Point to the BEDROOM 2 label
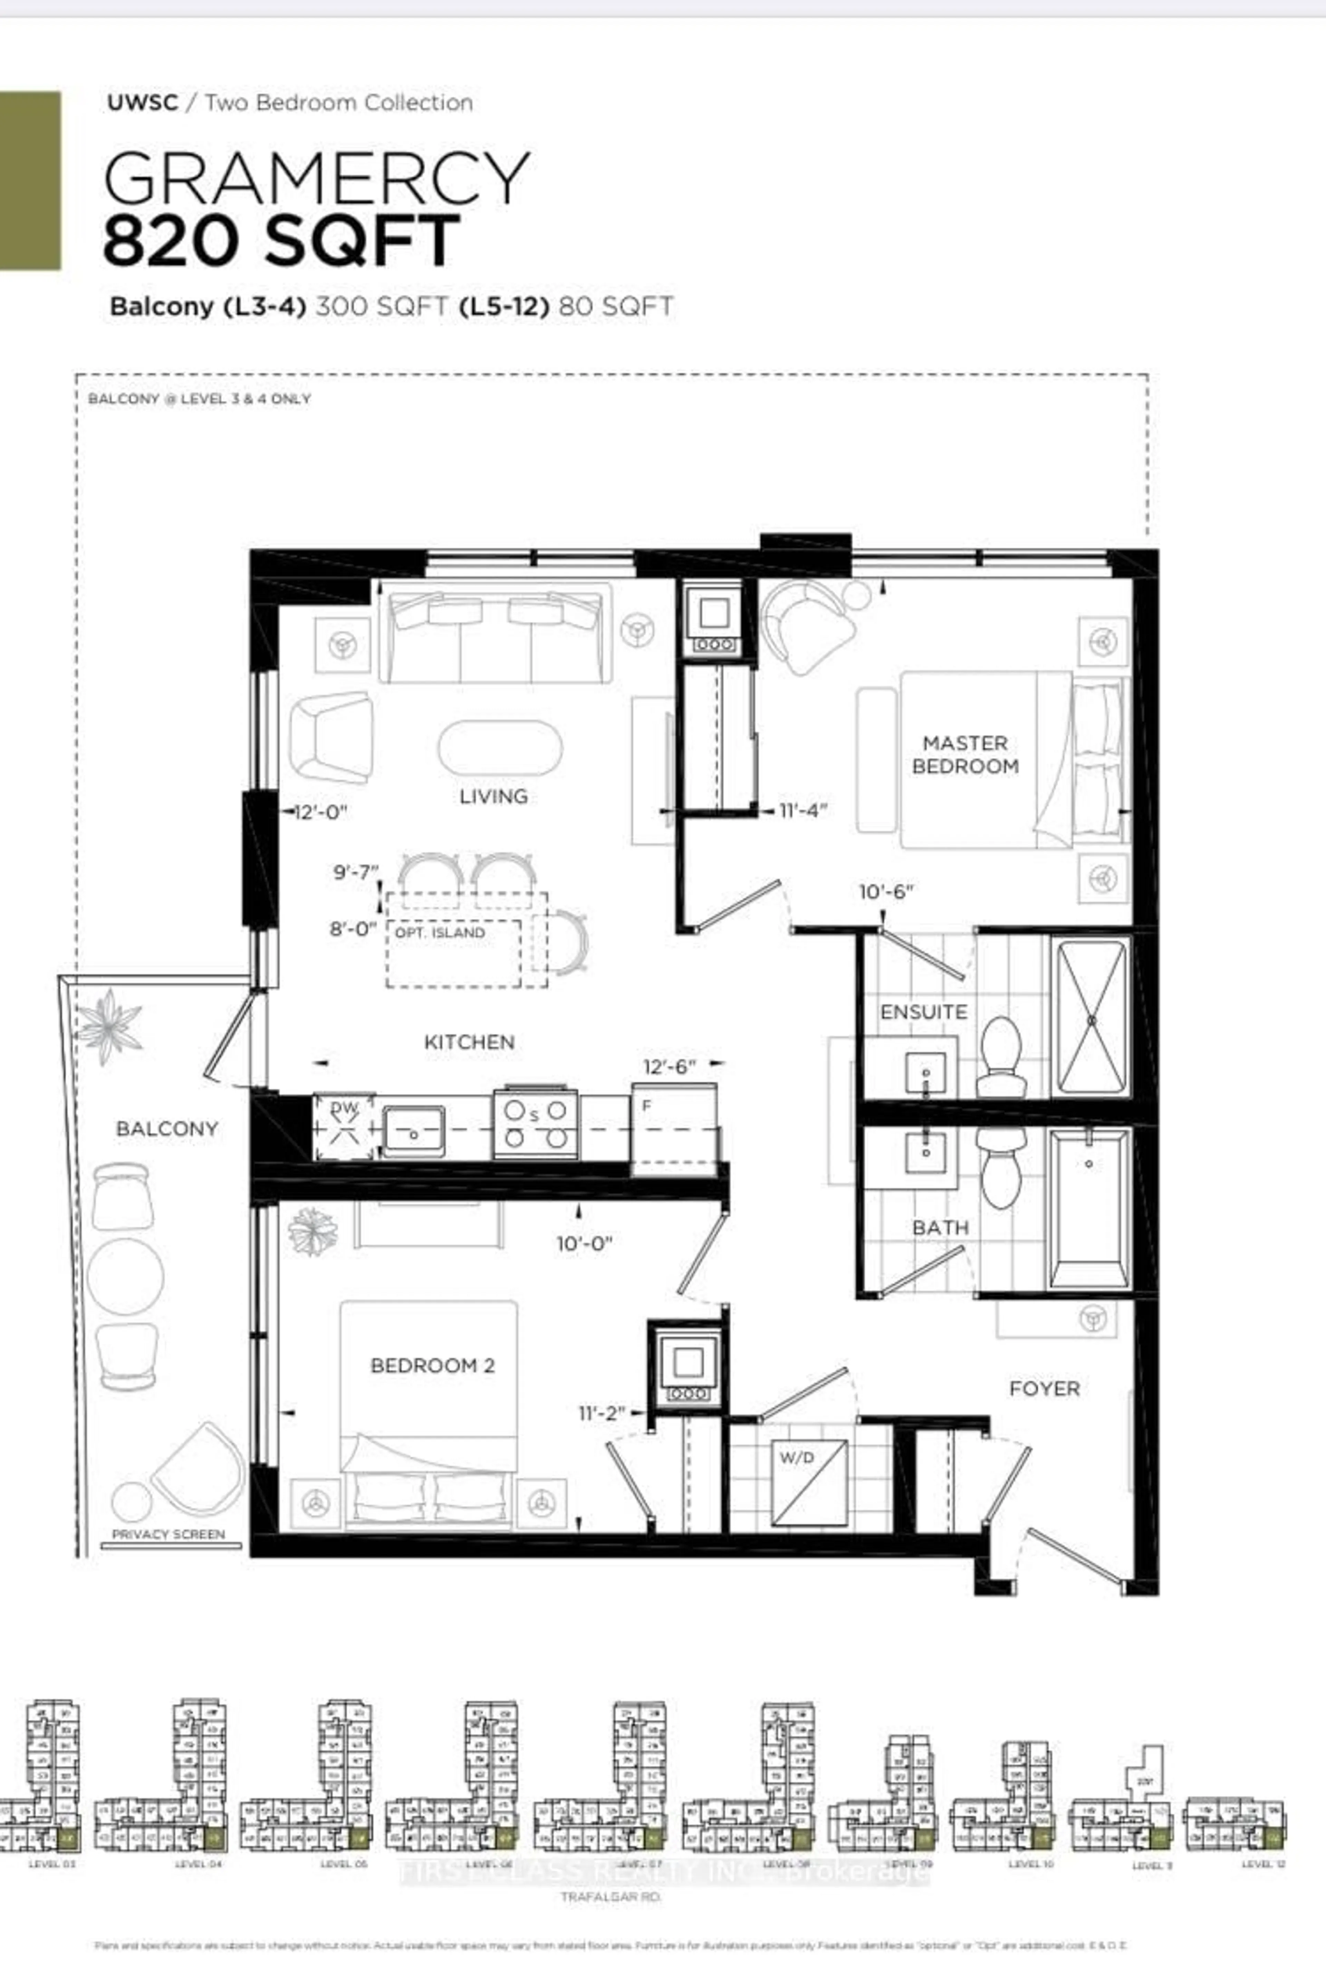click(432, 1365)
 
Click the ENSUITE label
click(923, 1012)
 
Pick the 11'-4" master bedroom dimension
click(803, 810)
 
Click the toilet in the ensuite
click(1001, 1053)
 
